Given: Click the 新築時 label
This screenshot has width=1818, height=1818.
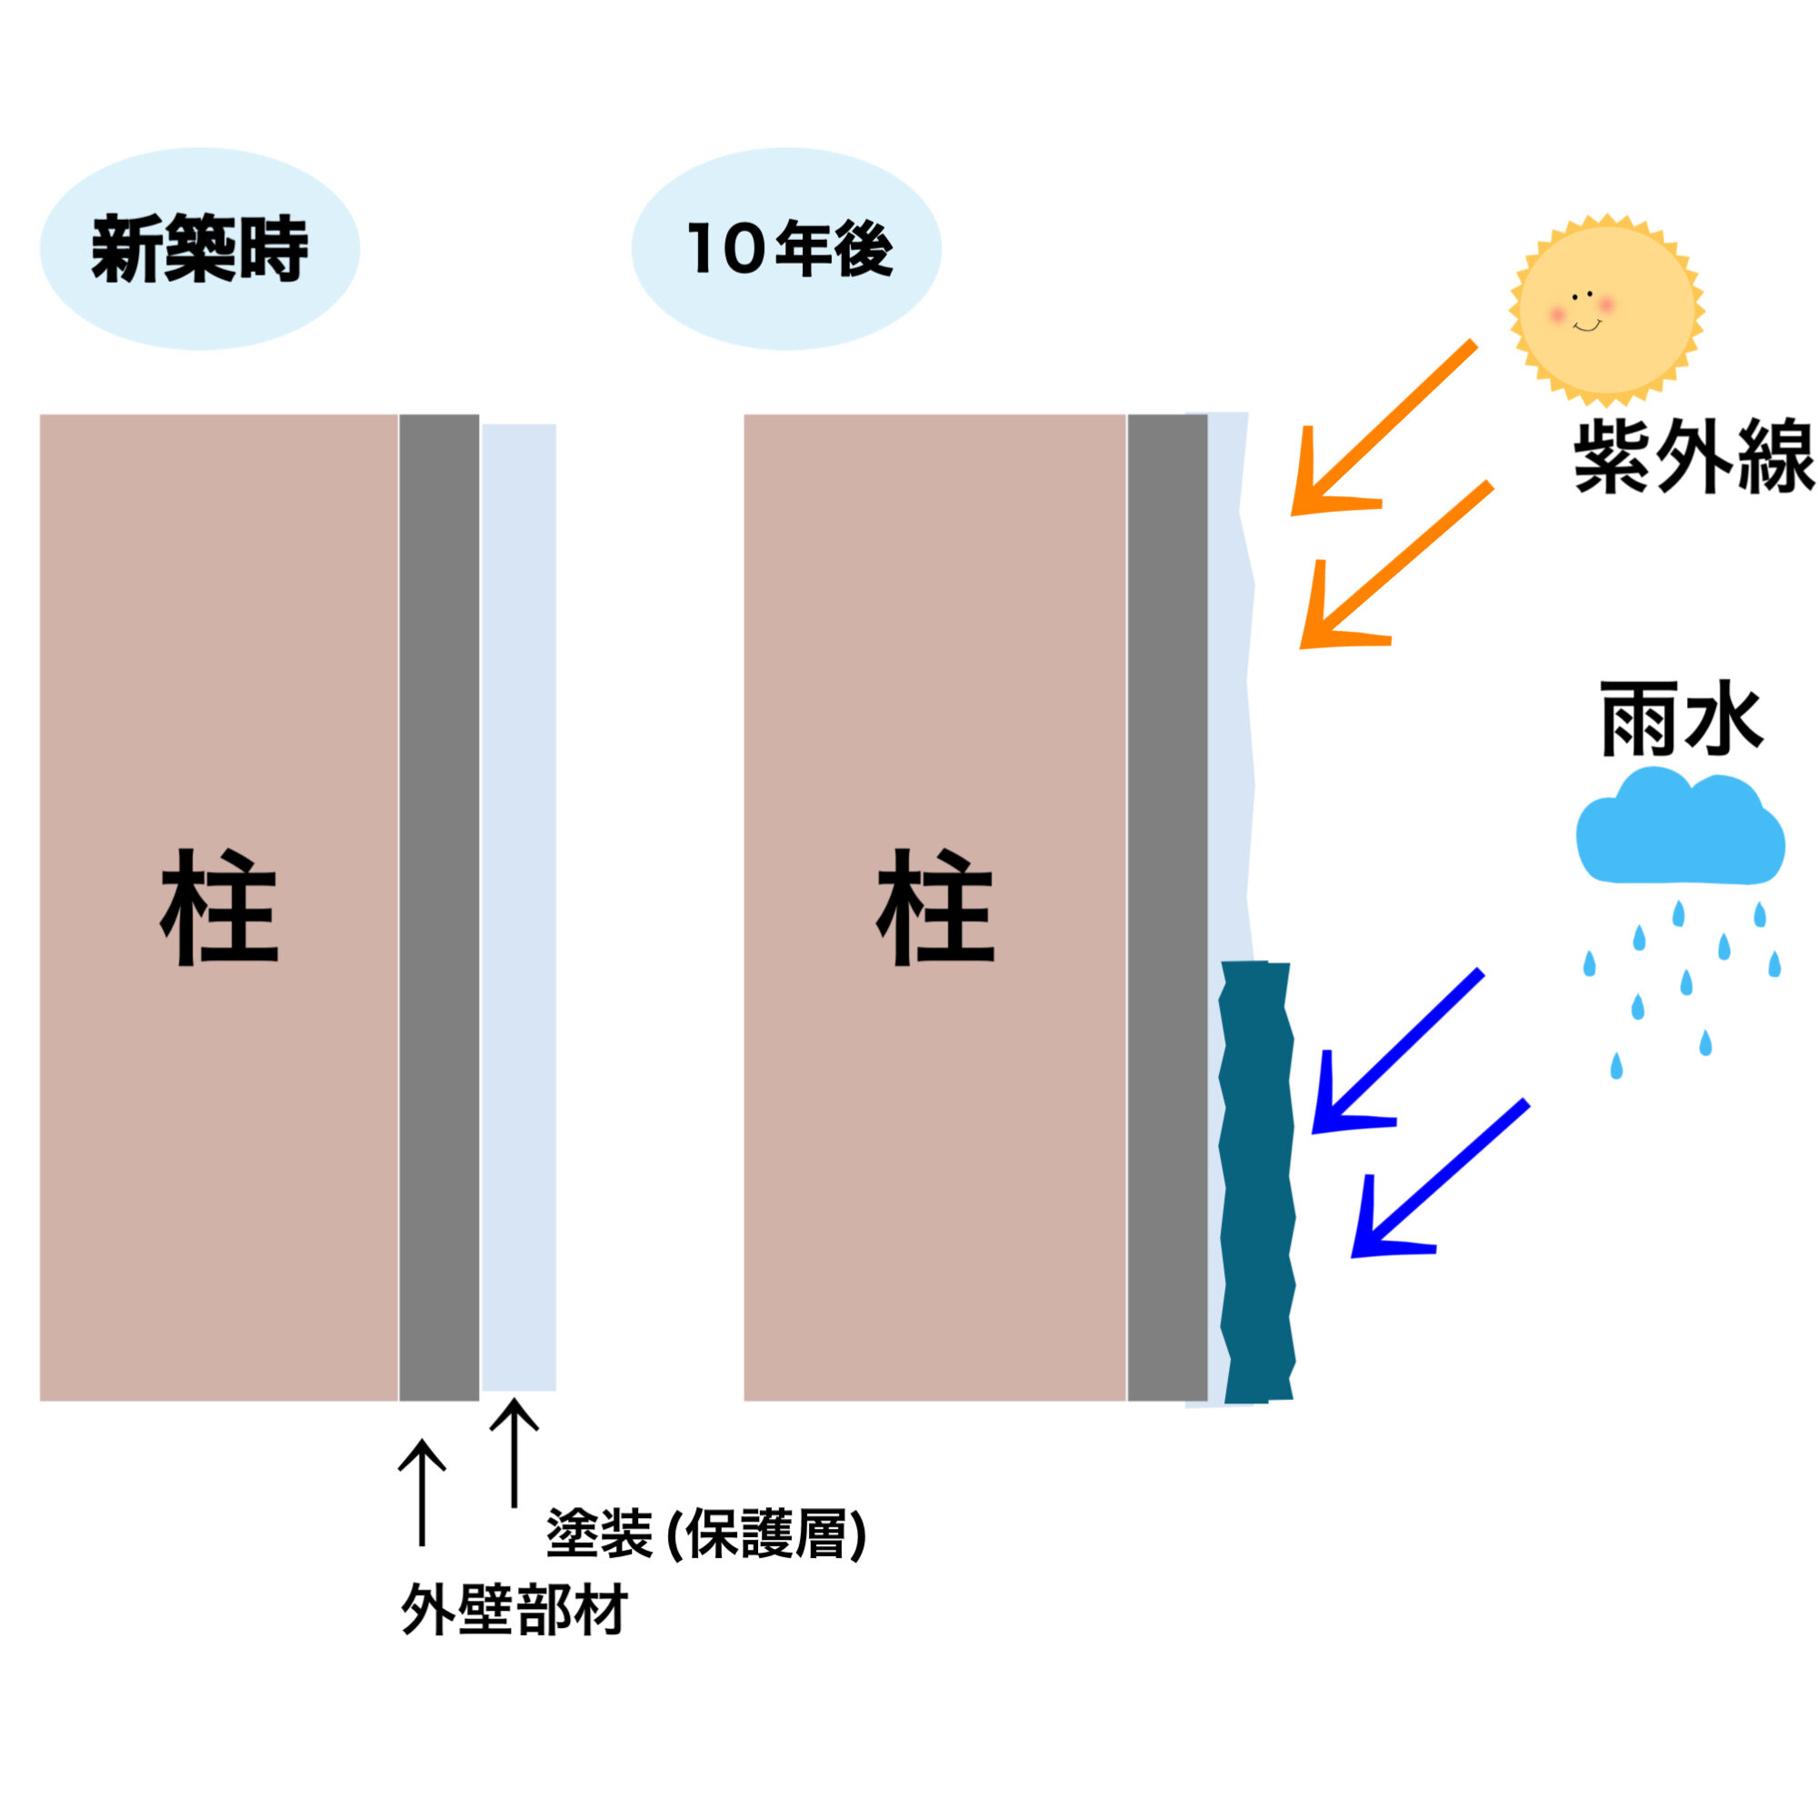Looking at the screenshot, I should [199, 249].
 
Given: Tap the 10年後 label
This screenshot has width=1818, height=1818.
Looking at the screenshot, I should [788, 249].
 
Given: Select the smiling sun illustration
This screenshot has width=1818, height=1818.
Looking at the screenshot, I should [1606, 306].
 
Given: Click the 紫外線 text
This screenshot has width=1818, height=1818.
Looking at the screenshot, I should [1692, 458].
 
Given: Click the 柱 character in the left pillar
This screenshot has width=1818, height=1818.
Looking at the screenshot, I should [219, 908].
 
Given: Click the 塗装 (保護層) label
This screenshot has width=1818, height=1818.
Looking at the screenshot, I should [705, 1534].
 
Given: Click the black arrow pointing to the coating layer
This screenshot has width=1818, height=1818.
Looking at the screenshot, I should [514, 1453].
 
